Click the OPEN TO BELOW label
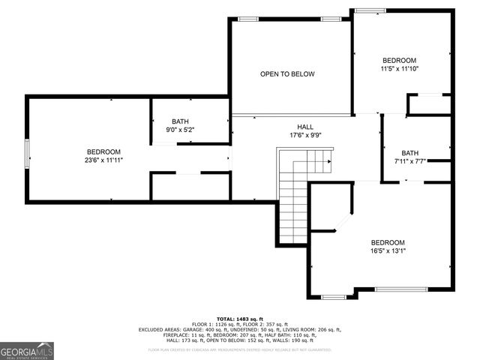287,74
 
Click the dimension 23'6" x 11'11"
103,160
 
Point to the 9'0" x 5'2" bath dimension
180,130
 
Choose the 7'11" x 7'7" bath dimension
409,160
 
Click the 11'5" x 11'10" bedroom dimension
399,68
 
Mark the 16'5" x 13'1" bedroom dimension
388,251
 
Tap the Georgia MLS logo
27,350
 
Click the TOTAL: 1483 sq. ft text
239,319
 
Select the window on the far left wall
28,155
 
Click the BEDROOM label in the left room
103,151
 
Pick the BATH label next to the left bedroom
180,121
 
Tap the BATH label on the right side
409,152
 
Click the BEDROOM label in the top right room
399,60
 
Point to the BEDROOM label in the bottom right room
388,242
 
